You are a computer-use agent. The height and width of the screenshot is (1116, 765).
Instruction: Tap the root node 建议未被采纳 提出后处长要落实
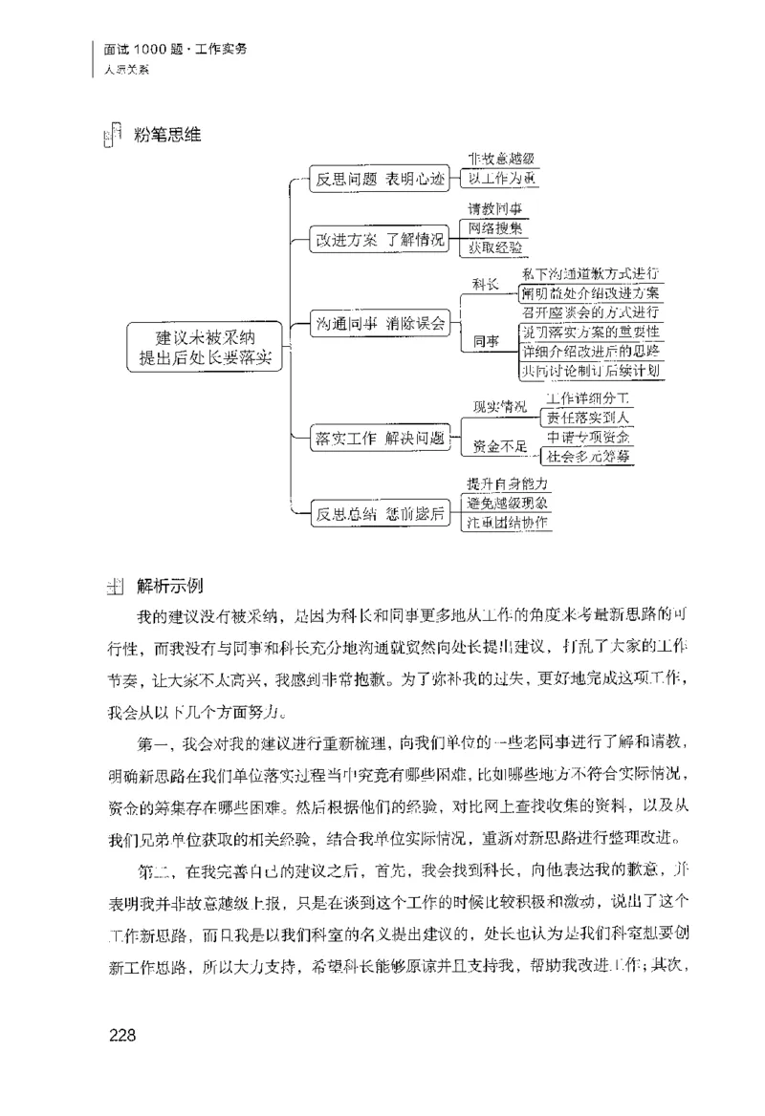coord(208,347)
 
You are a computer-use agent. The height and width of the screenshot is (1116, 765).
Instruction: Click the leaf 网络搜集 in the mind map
coord(494,227)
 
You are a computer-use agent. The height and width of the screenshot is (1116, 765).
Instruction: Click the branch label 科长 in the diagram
coord(487,285)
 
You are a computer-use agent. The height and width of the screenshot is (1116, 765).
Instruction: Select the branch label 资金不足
coord(500,446)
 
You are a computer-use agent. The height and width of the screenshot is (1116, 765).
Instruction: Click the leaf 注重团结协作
coord(508,522)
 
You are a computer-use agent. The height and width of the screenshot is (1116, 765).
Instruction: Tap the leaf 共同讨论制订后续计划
coord(590,371)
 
